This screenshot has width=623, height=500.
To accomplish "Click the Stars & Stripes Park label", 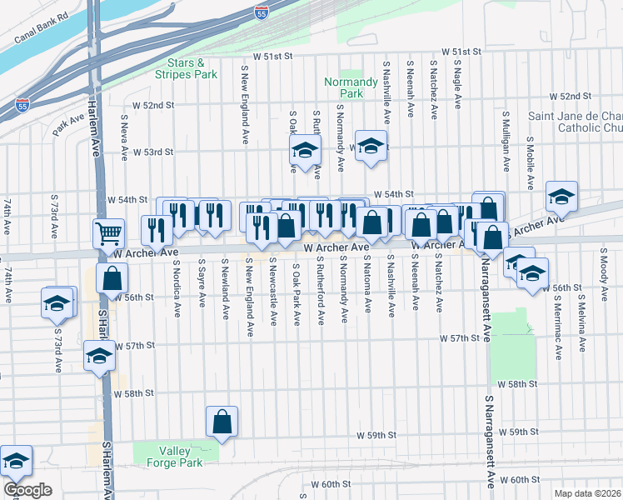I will [192, 68].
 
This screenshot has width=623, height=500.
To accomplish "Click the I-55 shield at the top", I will [261, 12].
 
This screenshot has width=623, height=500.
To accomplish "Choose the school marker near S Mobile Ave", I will [562, 195].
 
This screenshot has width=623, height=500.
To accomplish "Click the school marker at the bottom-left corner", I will [15, 459].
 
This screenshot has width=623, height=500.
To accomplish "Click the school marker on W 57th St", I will [99, 357].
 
